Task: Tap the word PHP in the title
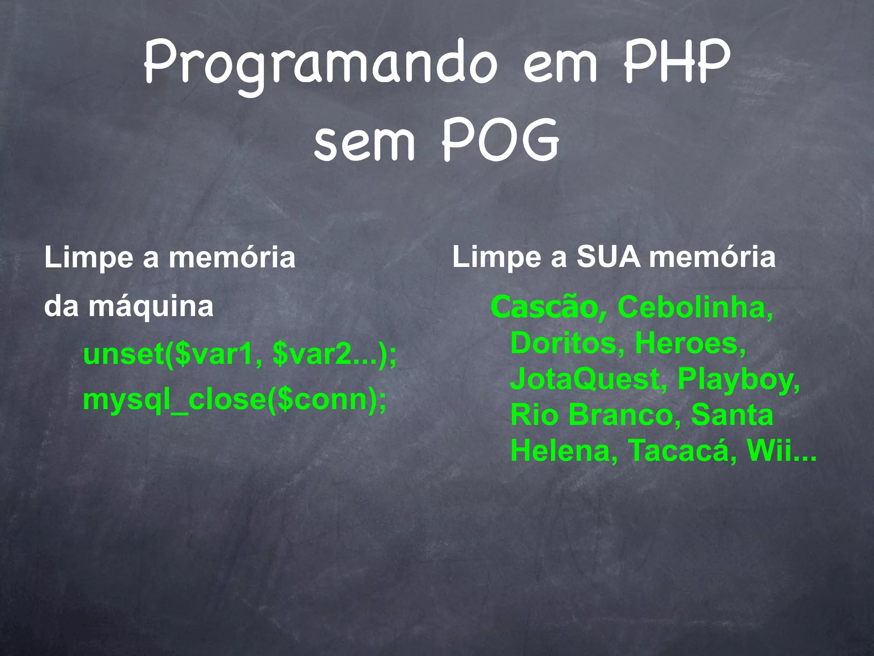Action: (678, 62)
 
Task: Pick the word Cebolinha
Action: (695, 307)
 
